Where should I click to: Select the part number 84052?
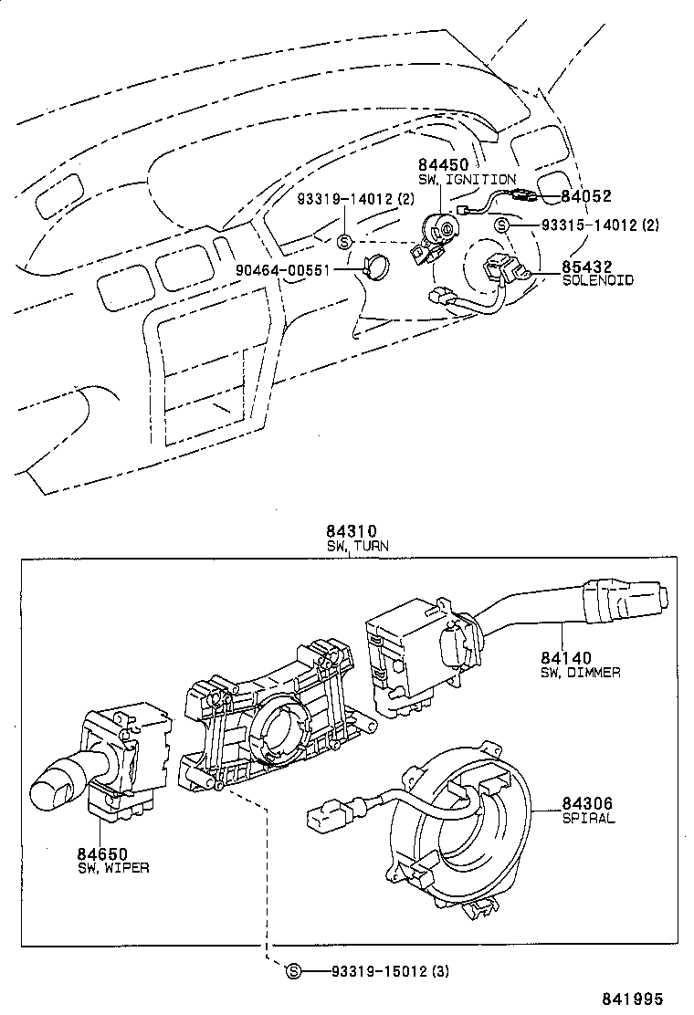pyautogui.click(x=584, y=195)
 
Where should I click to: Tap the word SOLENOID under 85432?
pyautogui.click(x=597, y=281)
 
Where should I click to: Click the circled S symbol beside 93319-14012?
pyautogui.click(x=344, y=241)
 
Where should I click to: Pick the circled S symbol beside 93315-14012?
pyautogui.click(x=501, y=225)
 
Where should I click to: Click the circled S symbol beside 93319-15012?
pyautogui.click(x=294, y=971)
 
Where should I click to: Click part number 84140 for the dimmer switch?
pyautogui.click(x=566, y=656)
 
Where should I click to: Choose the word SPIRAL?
pyautogui.click(x=588, y=819)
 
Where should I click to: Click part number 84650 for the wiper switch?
pyautogui.click(x=102, y=853)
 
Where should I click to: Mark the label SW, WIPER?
pyautogui.click(x=112, y=868)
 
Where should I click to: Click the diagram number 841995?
pyautogui.click(x=631, y=999)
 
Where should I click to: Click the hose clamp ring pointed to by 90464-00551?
pyautogui.click(x=373, y=267)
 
